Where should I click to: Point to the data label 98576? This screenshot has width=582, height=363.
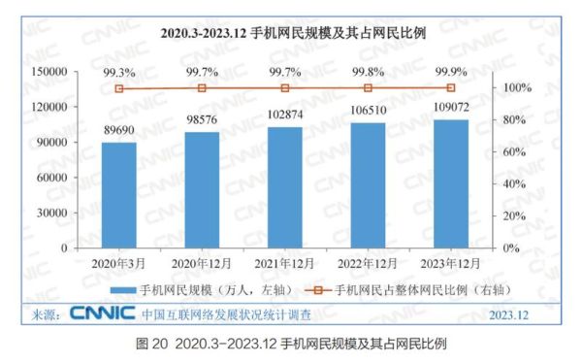coord(202,122)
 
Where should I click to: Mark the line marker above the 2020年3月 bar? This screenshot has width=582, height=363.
coord(119,88)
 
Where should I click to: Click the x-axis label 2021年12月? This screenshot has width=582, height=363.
coord(285,262)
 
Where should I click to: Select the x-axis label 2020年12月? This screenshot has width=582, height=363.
coord(202,262)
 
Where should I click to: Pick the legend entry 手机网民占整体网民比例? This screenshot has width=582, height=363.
coord(407,289)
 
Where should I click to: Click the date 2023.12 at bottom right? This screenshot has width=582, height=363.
coord(508,315)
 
